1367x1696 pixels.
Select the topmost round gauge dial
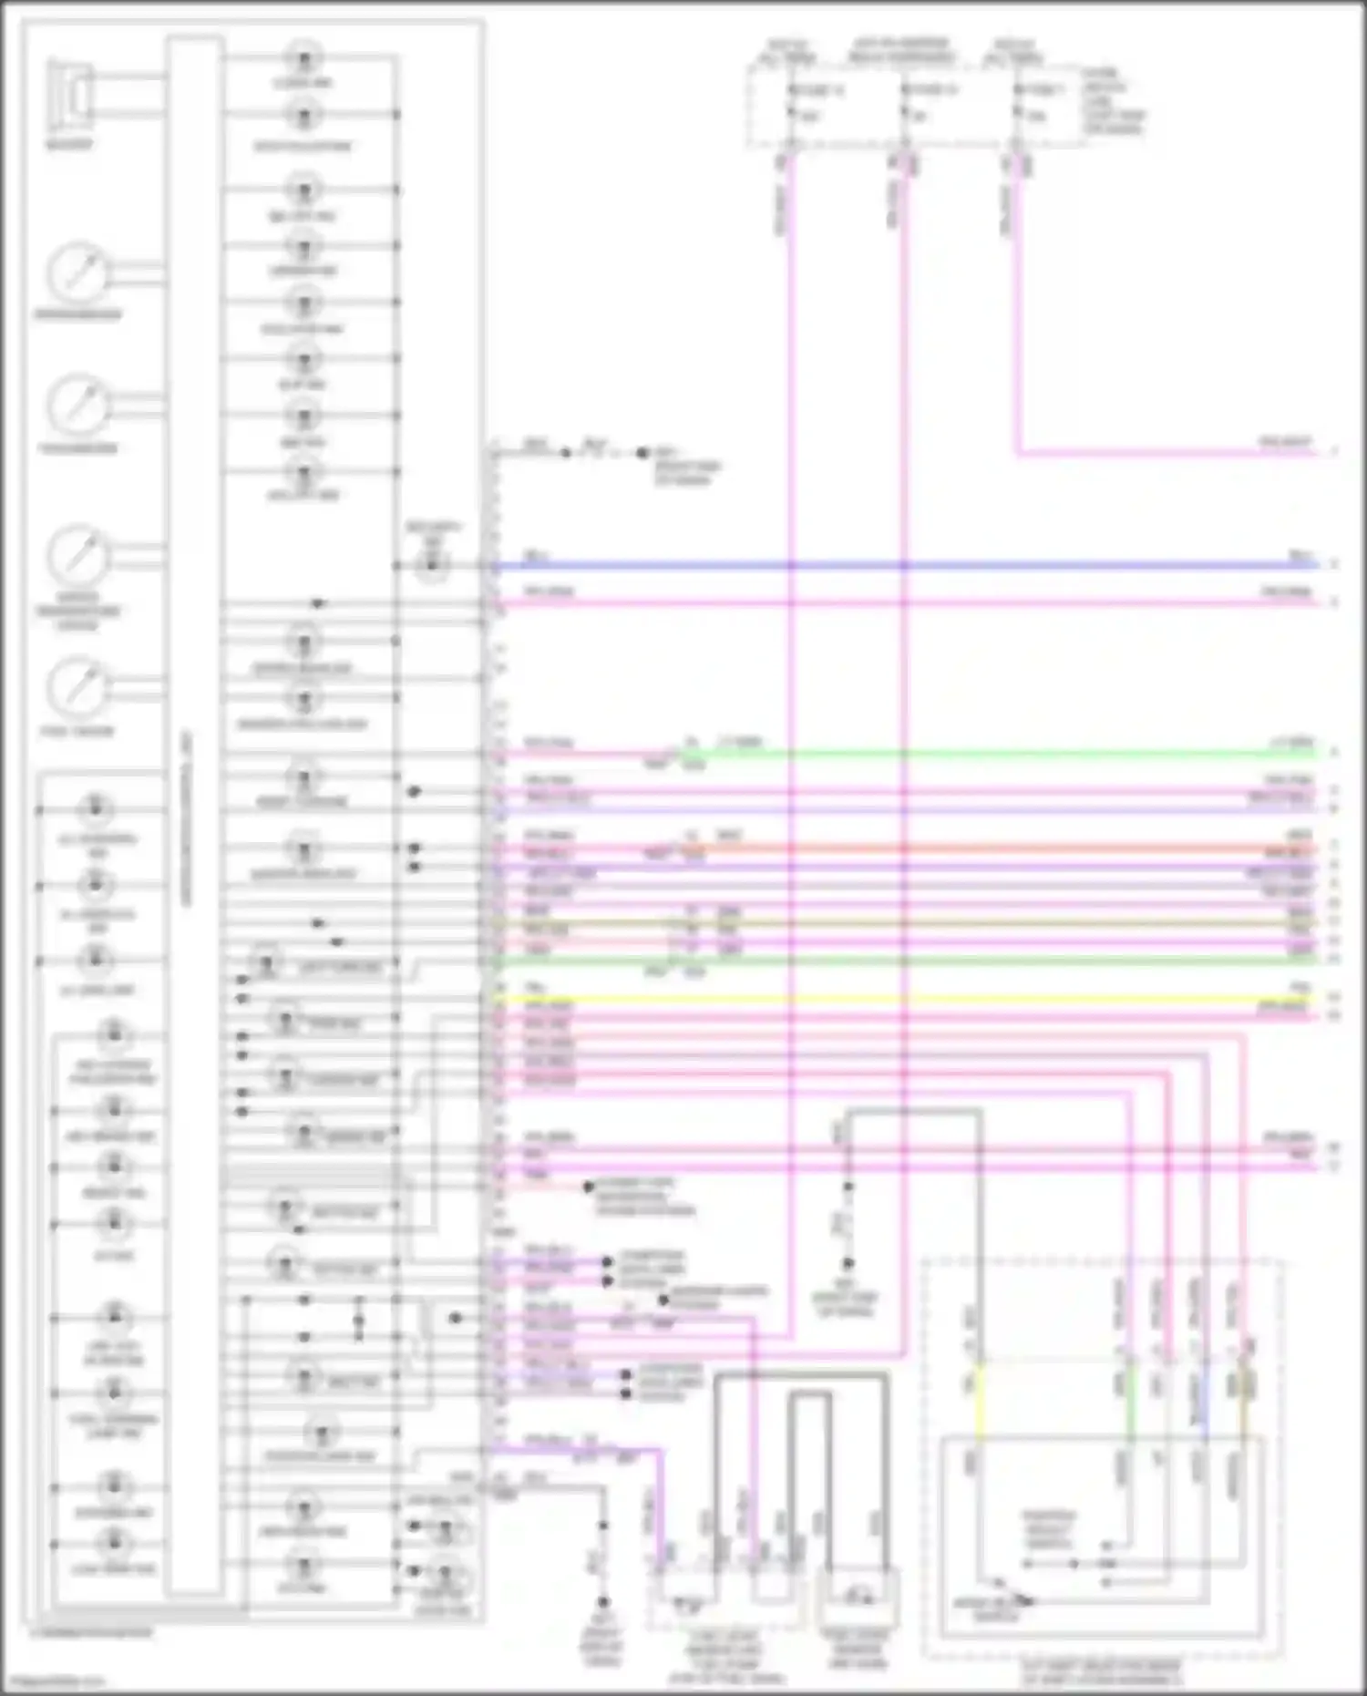pyautogui.click(x=77, y=272)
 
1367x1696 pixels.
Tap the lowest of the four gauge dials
pyautogui.click(x=77, y=688)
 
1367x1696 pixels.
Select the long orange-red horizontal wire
pyautogui.click(x=1002, y=849)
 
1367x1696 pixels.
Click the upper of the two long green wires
pyautogui.click(x=1002, y=754)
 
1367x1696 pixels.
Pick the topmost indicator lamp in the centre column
pyautogui.click(x=303, y=59)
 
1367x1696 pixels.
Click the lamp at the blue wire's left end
pyautogui.click(x=431, y=566)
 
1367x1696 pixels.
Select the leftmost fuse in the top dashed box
pyautogui.click(x=791, y=103)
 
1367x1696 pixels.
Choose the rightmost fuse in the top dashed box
pyautogui.click(x=1018, y=103)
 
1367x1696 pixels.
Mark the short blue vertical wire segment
pyautogui.click(x=1205, y=1399)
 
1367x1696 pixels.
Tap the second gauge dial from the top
pyautogui.click(x=77, y=406)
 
